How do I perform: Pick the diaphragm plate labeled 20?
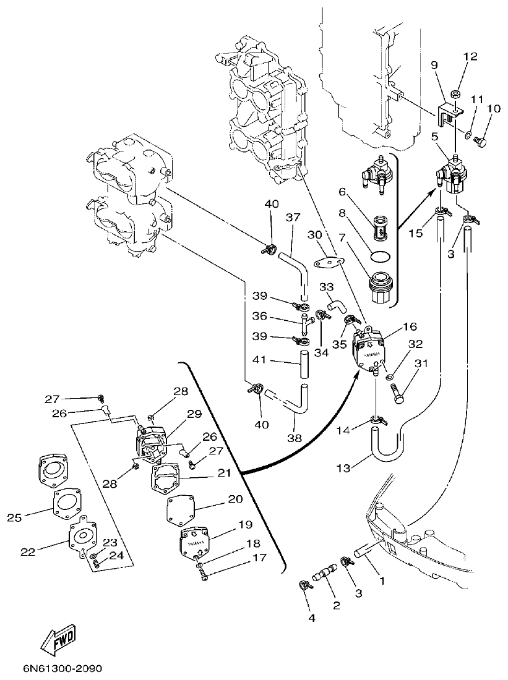[x=181, y=511]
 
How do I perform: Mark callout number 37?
[x=293, y=217]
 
